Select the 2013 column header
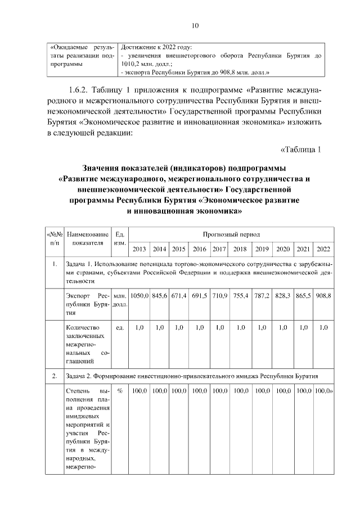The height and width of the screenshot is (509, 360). pos(139,249)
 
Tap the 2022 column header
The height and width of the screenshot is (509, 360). pos(323,249)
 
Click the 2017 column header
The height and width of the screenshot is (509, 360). pos(219,249)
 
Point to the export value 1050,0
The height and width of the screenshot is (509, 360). pos(139,295)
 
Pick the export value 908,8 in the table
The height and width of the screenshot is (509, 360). pos(323,295)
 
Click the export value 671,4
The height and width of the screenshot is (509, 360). pos(179,295)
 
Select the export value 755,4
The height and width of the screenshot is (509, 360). pos(240,295)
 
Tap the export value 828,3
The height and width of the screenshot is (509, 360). pos(283,295)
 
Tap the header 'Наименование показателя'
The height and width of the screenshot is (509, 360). pos(87,238)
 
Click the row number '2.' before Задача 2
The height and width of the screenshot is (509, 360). pos(54,375)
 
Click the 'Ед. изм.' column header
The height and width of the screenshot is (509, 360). pos(119,238)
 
